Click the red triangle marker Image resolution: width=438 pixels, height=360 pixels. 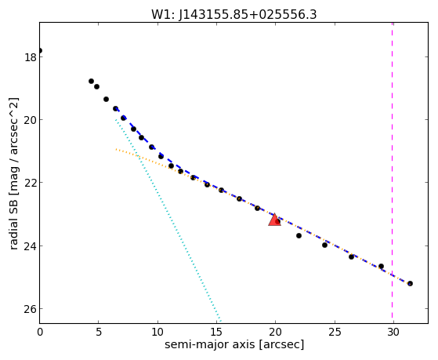coord(274,220)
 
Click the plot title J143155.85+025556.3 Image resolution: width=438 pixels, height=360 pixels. coord(248,15)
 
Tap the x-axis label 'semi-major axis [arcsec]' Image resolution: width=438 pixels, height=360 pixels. coord(234,344)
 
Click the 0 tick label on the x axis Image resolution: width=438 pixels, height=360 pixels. coord(40,333)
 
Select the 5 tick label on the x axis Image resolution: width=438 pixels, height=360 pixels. coord(99,333)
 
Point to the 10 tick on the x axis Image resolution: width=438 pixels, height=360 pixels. coord(157,333)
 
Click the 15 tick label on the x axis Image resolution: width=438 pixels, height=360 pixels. coord(216,333)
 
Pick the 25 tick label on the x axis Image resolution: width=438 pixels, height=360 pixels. coord(335,333)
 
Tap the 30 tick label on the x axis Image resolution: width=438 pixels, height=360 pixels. coord(393,333)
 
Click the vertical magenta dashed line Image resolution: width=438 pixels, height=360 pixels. coord(393,173)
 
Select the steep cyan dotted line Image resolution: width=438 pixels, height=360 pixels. coord(168,221)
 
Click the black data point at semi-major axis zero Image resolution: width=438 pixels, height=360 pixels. coord(40,51)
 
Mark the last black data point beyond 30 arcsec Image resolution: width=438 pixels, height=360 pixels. coord(410,284)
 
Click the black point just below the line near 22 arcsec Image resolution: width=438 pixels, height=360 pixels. coord(299,236)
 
